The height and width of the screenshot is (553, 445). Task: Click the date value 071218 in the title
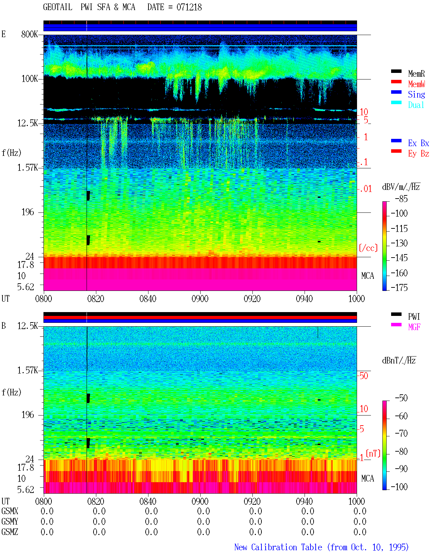click(189, 7)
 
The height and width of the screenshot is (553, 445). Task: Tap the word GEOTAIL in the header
click(58, 7)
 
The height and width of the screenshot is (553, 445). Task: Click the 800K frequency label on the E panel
click(30, 34)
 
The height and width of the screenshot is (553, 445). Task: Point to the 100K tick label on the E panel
click(30, 79)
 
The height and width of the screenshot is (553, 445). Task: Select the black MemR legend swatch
click(396, 71)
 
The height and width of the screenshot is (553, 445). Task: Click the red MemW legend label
click(416, 84)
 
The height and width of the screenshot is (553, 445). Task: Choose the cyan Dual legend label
click(416, 105)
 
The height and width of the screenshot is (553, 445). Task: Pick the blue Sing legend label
click(416, 94)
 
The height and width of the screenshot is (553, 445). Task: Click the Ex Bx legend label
click(419, 143)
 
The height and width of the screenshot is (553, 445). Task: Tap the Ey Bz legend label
click(419, 154)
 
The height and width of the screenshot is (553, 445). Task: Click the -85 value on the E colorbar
click(401, 199)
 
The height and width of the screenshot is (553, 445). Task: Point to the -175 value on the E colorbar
click(399, 287)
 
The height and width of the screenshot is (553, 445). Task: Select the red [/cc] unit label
click(368, 248)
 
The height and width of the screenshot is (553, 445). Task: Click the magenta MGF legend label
click(414, 327)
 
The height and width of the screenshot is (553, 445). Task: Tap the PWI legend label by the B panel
click(414, 317)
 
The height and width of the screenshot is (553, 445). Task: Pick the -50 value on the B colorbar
click(401, 398)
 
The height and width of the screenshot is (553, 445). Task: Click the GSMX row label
click(10, 511)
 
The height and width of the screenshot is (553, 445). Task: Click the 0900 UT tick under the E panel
click(200, 299)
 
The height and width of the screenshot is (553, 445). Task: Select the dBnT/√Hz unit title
click(399, 360)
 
